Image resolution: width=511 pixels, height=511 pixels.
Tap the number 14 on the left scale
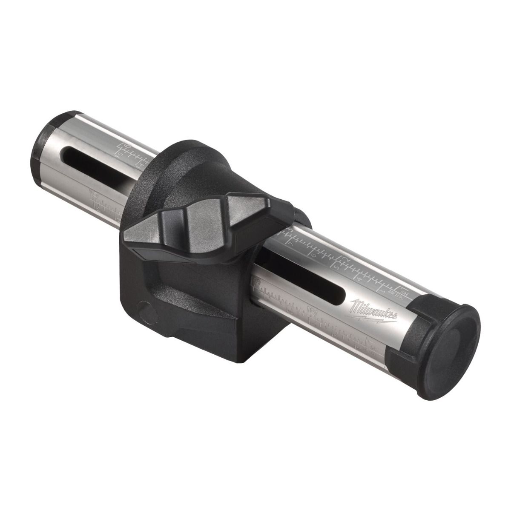pyautogui.click(x=141, y=163)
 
